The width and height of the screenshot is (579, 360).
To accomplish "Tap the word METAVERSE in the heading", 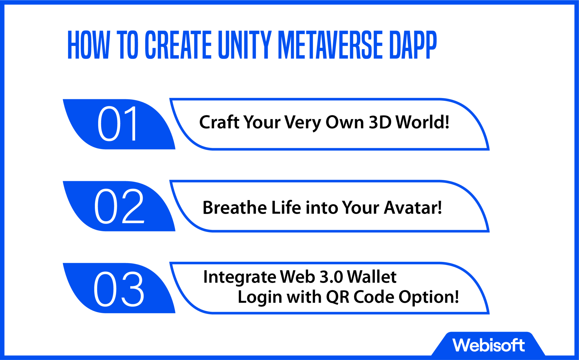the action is click(x=330, y=45).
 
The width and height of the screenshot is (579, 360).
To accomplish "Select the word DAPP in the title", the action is click(x=413, y=45).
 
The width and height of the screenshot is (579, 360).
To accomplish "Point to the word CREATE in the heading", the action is click(x=178, y=45).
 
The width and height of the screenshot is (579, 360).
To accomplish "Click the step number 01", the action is click(x=118, y=124).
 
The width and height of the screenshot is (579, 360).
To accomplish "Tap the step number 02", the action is click(x=119, y=206).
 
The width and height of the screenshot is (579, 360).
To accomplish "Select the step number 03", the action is click(x=119, y=289).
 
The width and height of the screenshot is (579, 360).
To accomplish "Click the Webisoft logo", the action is click(x=489, y=345).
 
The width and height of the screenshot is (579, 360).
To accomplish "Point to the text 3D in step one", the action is click(x=380, y=122).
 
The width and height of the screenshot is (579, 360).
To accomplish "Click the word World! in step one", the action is click(x=422, y=122).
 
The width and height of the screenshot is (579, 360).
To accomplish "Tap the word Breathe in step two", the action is click(x=235, y=208).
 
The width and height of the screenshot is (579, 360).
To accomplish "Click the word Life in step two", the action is click(x=286, y=208).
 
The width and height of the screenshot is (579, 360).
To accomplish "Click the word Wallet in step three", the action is click(x=372, y=277).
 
